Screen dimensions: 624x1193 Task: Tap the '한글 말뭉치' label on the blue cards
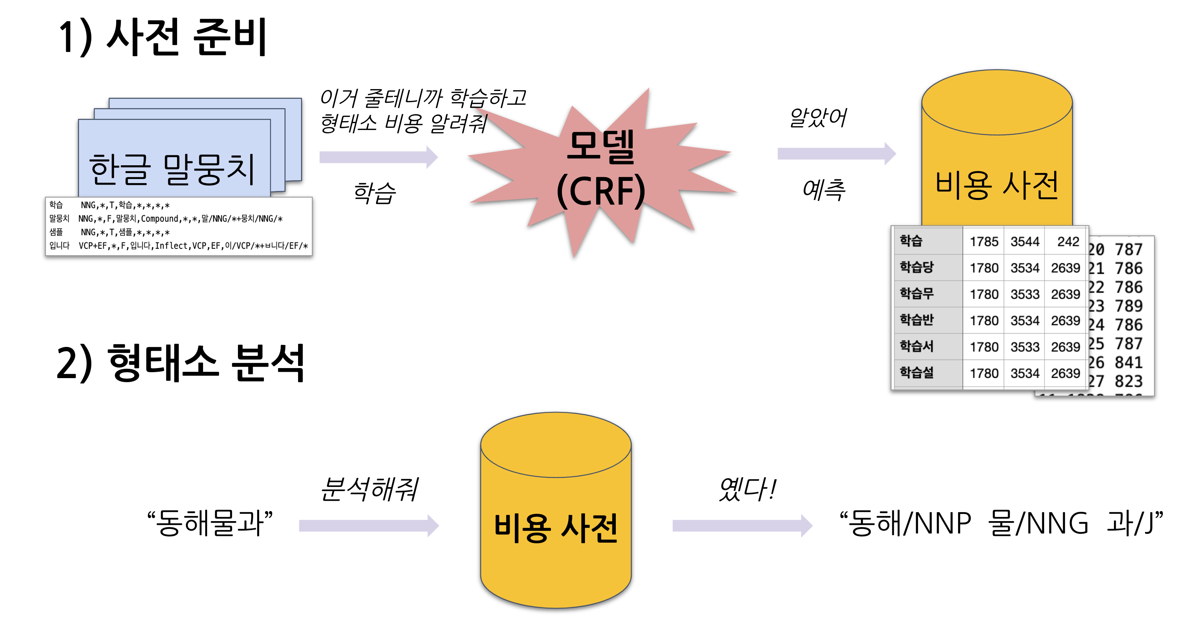(172, 169)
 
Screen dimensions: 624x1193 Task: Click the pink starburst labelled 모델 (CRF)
(601, 169)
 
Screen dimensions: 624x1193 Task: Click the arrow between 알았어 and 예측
(836, 153)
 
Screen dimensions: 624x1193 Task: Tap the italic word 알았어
(818, 118)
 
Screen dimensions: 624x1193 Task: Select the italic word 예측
(823, 190)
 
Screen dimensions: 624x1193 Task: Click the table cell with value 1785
(984, 241)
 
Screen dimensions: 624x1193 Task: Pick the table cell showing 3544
(1024, 241)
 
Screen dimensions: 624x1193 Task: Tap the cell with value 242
(1068, 241)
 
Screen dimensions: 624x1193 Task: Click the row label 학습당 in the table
(916, 267)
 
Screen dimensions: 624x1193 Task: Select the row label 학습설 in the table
(916, 373)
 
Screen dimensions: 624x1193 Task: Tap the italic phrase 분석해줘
(369, 489)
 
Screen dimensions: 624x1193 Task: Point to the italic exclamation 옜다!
(747, 489)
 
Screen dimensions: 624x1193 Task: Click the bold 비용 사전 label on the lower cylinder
(556, 528)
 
